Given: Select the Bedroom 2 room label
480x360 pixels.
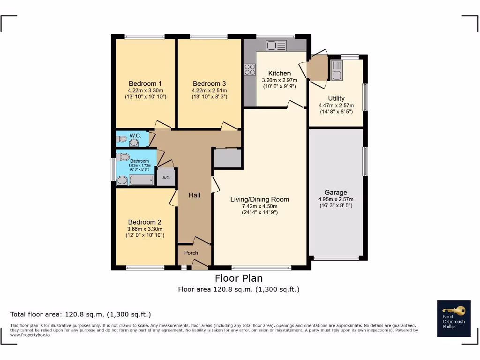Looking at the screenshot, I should pos(145,222).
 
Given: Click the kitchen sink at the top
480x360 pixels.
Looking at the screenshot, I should pos(276,45).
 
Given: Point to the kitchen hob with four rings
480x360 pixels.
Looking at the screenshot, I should pos(250,69).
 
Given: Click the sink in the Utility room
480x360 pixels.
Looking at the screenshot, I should pos(337,70).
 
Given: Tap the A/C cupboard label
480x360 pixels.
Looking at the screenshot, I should pos(165,178).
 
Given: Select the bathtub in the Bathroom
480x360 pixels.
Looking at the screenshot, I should pos(141,180).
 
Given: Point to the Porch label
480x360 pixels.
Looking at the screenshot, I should pos(191,253).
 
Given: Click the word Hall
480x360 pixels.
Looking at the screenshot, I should pos(195,195).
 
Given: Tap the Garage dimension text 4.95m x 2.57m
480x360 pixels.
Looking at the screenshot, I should pos(336,199).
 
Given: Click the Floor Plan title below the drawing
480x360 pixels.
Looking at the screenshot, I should pos(239,278).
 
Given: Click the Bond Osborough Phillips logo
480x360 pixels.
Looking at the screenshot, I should pos(454,318).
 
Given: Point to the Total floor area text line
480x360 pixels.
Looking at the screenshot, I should pos(81,314).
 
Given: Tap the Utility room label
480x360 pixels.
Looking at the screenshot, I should pos(336,98).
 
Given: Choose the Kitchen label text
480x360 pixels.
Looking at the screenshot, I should pos(279,73).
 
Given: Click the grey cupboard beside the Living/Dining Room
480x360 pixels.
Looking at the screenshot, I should pos(227,158).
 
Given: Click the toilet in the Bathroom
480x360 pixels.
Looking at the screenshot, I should pos(124,157).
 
